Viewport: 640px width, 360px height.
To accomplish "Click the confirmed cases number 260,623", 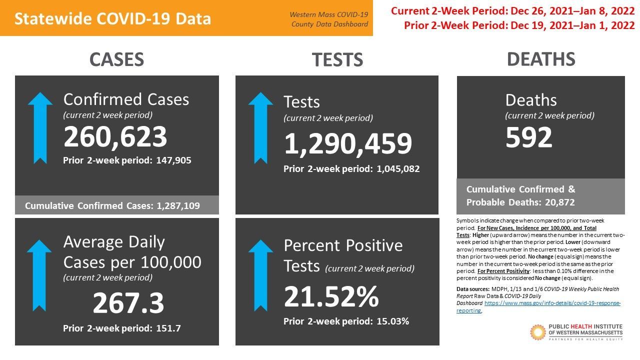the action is pyautogui.click(x=115, y=137).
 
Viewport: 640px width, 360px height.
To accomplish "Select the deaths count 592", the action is pyautogui.click(x=528, y=137).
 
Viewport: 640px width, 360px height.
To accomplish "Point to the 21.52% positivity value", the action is pyautogui.click(x=331, y=296).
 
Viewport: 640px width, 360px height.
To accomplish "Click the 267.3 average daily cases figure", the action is pyautogui.click(x=128, y=303).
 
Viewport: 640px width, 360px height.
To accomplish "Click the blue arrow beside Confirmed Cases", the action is pyautogui.click(x=40, y=127).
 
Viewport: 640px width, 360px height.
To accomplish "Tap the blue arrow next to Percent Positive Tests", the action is pyautogui.click(x=260, y=275).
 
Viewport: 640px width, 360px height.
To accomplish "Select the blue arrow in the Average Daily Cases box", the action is pyautogui.click(x=39, y=275).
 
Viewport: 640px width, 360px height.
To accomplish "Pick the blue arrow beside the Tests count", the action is pyautogui.click(x=260, y=127).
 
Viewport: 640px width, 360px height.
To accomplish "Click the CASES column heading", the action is pyautogui.click(x=116, y=59).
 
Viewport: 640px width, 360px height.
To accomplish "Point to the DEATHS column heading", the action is pyautogui.click(x=541, y=59).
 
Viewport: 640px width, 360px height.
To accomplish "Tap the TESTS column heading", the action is pyautogui.click(x=337, y=59).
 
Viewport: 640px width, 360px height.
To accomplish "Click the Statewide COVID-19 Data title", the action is pyautogui.click(x=112, y=18).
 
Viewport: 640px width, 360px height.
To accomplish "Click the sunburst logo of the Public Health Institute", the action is pyautogui.click(x=537, y=332).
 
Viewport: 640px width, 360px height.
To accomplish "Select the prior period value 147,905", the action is pyautogui.click(x=173, y=160).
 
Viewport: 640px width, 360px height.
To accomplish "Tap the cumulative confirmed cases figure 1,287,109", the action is pyautogui.click(x=178, y=205).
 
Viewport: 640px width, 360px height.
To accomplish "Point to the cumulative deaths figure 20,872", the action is pyautogui.click(x=559, y=202).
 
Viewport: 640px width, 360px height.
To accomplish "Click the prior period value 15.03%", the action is pyautogui.click(x=393, y=321).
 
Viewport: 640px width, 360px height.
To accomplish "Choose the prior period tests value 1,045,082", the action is pyautogui.click(x=398, y=169).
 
